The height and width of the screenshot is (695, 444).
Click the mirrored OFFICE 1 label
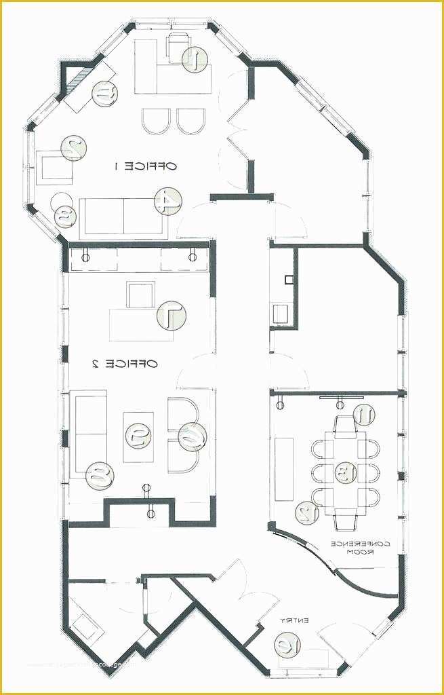point(144,166)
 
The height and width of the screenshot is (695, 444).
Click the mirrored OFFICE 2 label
point(124,364)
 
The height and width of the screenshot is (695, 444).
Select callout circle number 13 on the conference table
point(346,470)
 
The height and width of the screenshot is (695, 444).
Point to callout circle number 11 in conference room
point(364,414)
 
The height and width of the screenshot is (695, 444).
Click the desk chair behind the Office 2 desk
point(140,296)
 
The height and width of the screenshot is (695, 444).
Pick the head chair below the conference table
point(345,520)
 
